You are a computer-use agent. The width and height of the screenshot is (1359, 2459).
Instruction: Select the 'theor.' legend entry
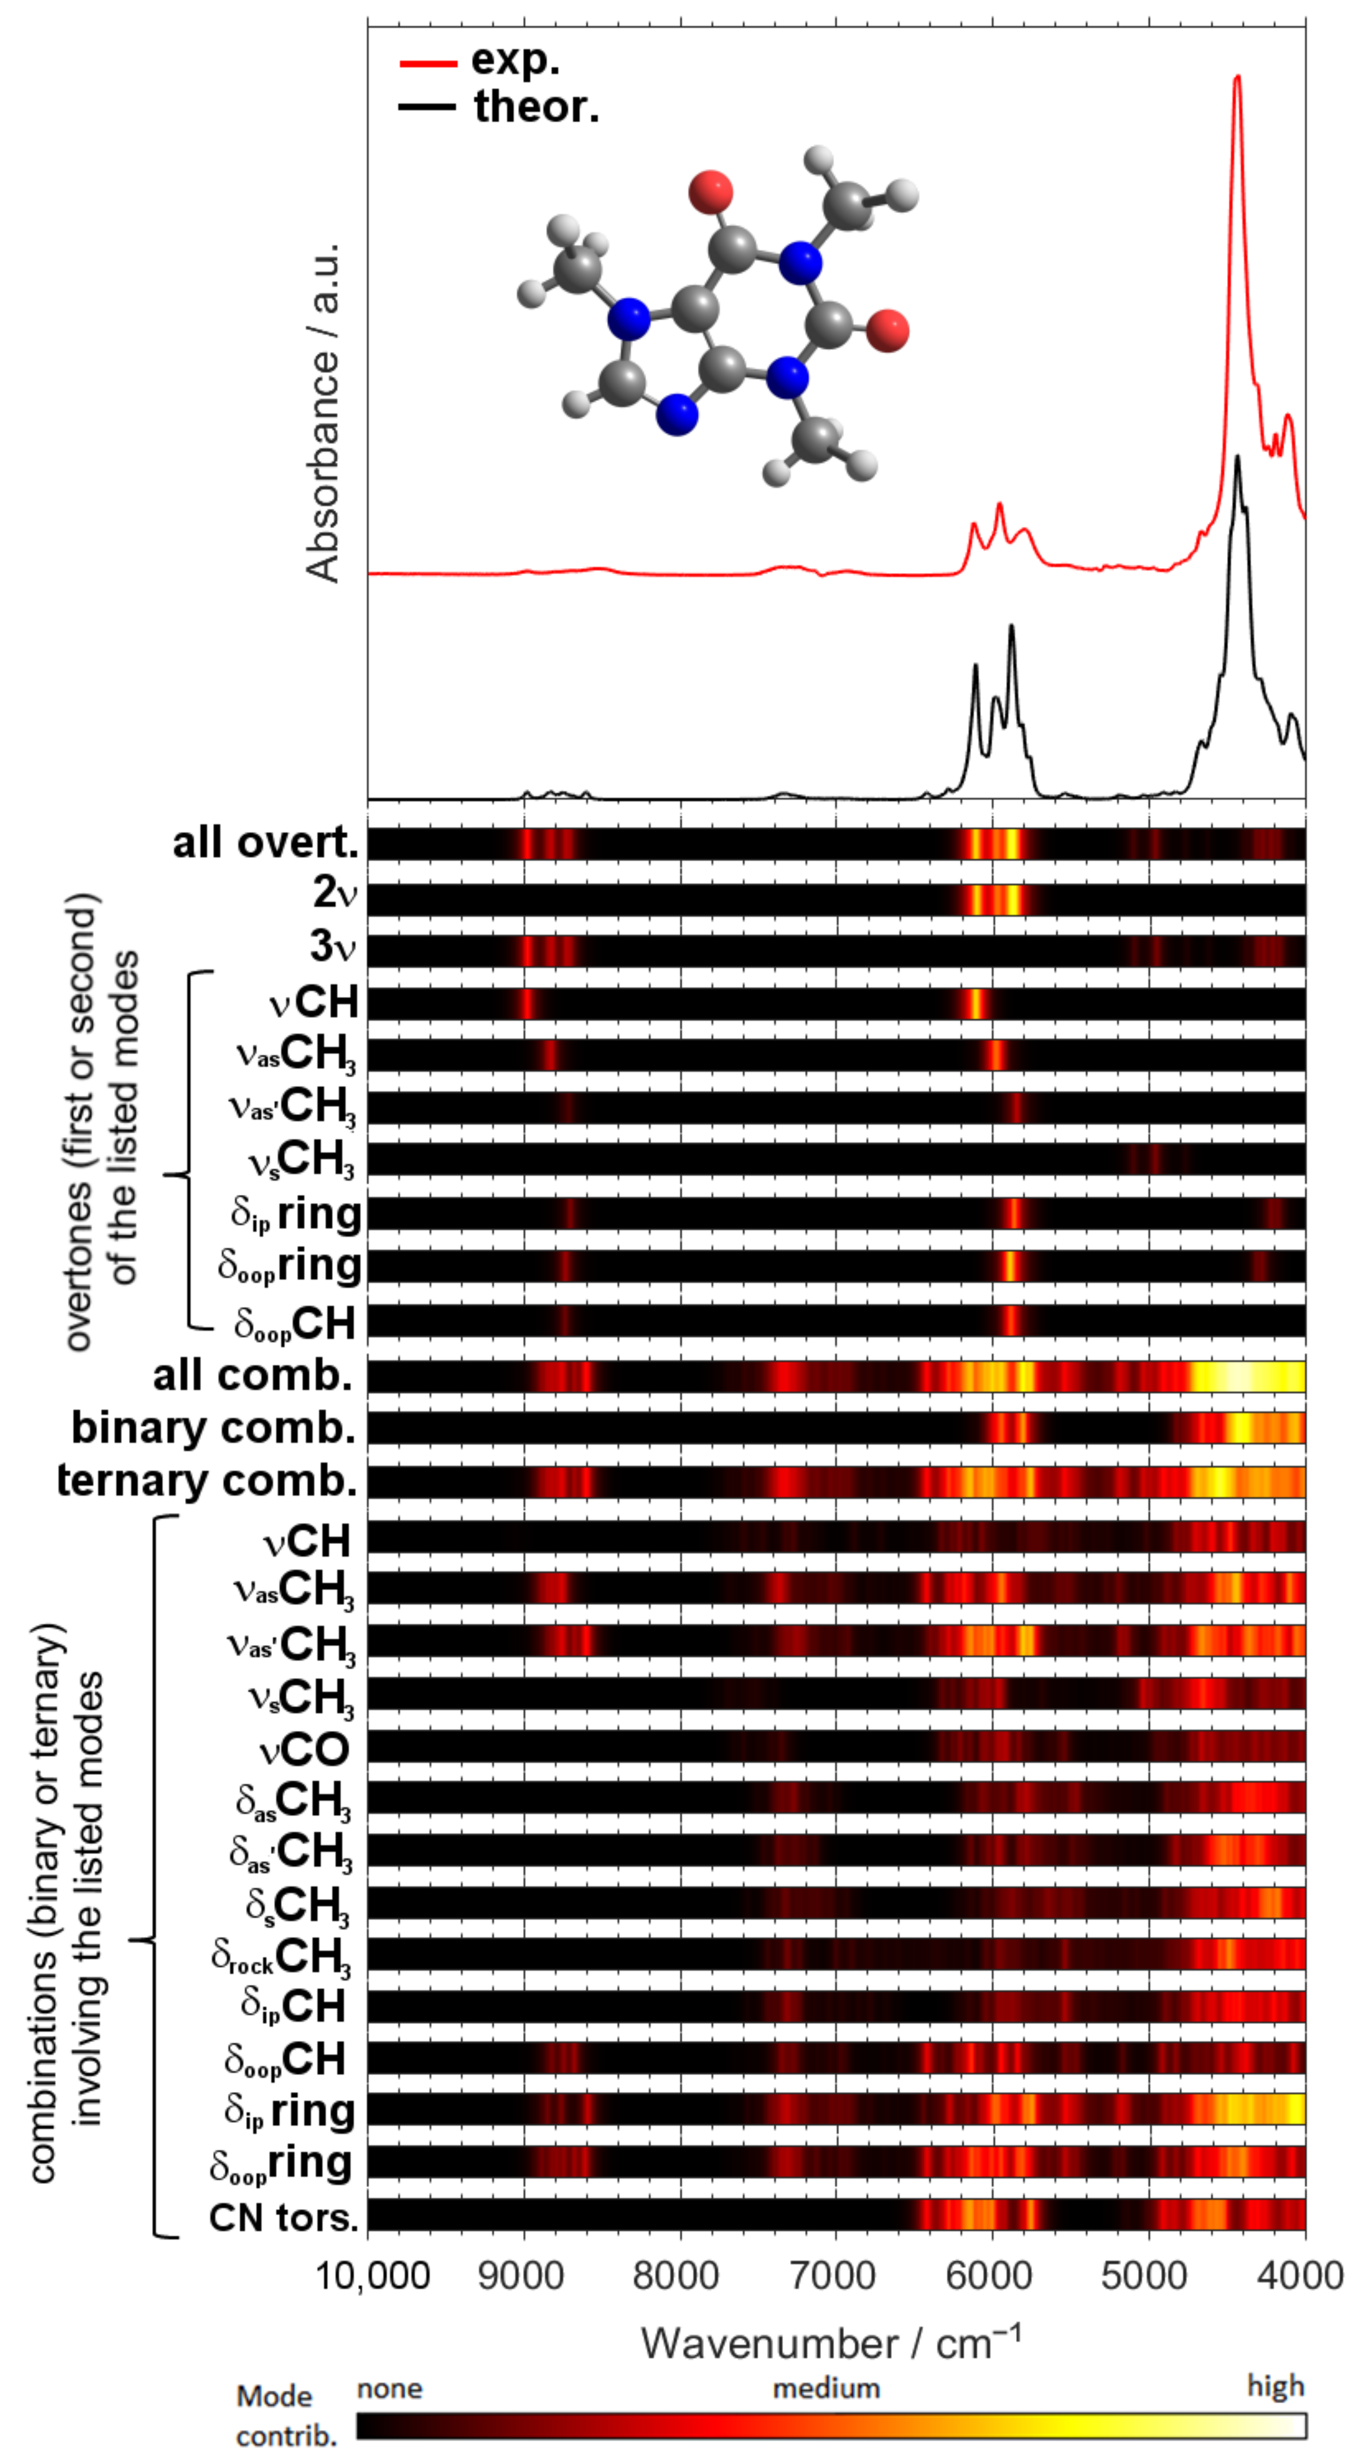[536, 106]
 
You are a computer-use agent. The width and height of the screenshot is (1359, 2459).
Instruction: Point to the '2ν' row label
[334, 892]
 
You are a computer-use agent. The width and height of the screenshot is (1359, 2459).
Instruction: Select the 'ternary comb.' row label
[206, 1480]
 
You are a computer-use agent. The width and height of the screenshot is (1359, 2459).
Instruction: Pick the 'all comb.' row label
[252, 1375]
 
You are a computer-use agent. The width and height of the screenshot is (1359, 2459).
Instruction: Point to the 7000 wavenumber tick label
[835, 2276]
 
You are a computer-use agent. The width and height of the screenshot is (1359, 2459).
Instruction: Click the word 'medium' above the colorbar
[825, 2388]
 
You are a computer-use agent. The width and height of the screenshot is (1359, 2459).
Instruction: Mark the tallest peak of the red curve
[1238, 78]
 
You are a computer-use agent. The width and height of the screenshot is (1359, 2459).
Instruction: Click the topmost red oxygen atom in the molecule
[711, 191]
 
